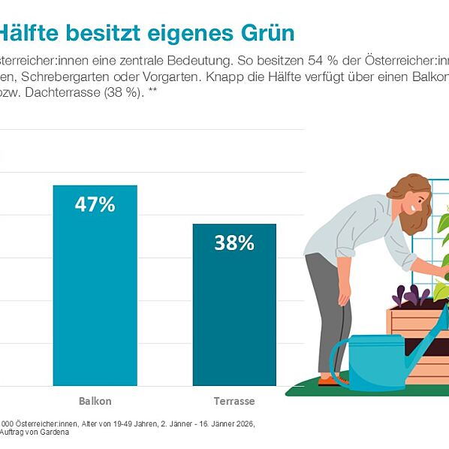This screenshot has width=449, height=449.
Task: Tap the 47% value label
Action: (x=95, y=204)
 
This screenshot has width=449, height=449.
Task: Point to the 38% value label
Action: (x=234, y=243)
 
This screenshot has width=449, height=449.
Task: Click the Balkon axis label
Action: (x=95, y=400)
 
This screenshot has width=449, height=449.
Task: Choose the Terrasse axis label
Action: (x=234, y=400)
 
